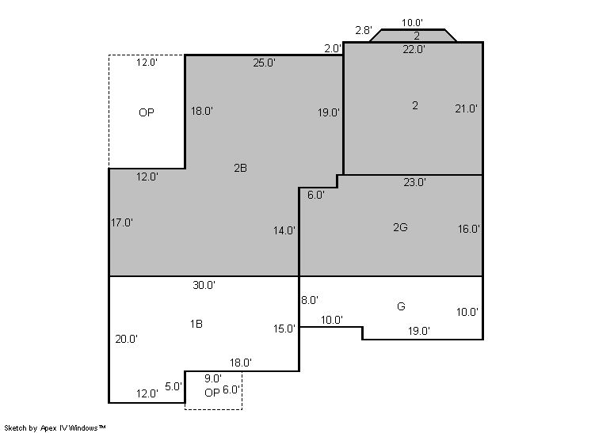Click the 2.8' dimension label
(364, 30)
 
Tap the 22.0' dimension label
(414, 49)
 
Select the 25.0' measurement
(265, 63)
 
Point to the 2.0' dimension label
(333, 48)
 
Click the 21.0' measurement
(467, 108)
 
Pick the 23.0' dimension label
(414, 182)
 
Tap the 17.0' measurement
(122, 223)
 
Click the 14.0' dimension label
(284, 230)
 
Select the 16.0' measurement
(469, 229)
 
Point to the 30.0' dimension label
(204, 286)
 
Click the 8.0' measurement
(310, 300)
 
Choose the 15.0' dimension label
(284, 329)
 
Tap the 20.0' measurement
(126, 340)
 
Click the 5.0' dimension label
(173, 386)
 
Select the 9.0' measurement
(213, 378)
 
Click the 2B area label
(241, 168)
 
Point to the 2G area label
(400, 227)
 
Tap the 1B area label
(196, 324)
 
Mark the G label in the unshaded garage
(401, 306)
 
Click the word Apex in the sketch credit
(48, 428)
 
